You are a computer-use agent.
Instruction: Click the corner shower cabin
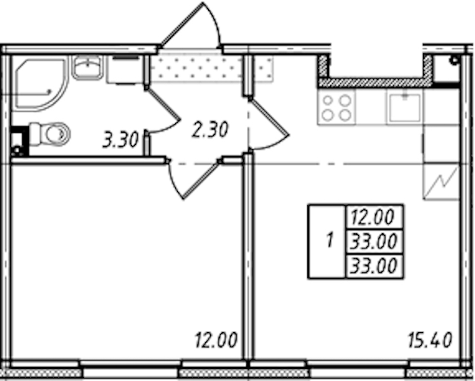click(39, 84)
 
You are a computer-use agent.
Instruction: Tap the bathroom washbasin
click(87, 67)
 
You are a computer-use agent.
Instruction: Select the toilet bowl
click(50, 133)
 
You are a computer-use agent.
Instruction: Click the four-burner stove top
click(337, 107)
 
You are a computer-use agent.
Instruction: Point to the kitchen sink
click(405, 107)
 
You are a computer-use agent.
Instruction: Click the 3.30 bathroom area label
click(120, 140)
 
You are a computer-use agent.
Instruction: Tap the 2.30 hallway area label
click(210, 130)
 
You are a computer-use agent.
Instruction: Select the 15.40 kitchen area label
click(430, 340)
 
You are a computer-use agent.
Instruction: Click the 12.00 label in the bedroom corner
click(216, 340)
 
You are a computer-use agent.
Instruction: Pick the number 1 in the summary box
click(330, 241)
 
